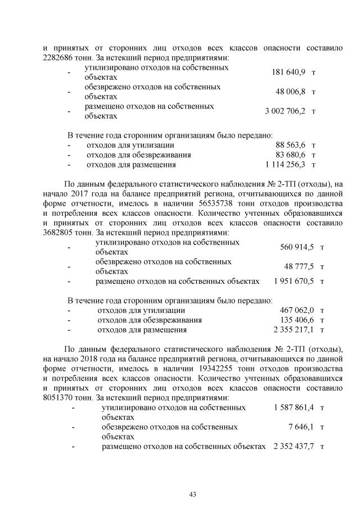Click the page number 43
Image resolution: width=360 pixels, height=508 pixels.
click(x=192, y=494)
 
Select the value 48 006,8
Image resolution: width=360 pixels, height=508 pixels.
click(x=290, y=92)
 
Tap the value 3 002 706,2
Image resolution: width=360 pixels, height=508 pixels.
click(x=285, y=111)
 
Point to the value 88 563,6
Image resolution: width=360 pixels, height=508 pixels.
click(x=290, y=145)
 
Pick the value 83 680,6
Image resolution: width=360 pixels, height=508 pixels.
click(x=290, y=155)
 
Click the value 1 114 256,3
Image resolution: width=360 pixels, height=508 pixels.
click(x=285, y=165)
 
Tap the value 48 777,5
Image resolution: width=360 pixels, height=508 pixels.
click(x=299, y=266)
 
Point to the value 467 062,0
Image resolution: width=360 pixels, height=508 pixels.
click(x=296, y=310)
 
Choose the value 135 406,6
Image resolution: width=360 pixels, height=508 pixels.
click(x=296, y=320)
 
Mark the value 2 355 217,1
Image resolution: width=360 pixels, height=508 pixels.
click(x=294, y=330)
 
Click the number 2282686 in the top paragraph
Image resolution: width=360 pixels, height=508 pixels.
click(x=59, y=57)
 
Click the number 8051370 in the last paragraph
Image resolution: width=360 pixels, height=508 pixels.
click(x=59, y=397)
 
